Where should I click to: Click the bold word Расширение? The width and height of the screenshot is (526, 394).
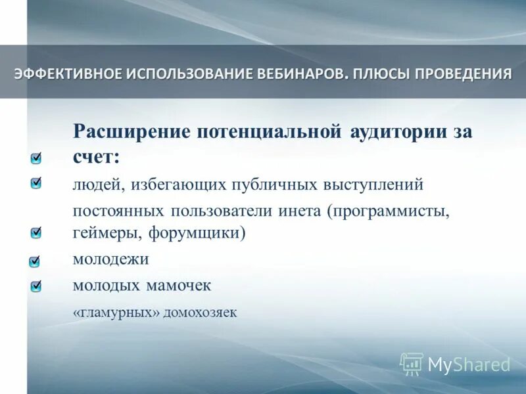pyautogui.click(x=131, y=131)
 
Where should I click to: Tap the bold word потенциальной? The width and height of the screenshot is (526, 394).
pyautogui.click(x=269, y=131)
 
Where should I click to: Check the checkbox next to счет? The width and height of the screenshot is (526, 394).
pyautogui.click(x=36, y=158)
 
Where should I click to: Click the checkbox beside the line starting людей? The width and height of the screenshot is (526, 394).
pyautogui.click(x=36, y=183)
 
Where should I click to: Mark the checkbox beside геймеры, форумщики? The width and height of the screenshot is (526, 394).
pyautogui.click(x=36, y=232)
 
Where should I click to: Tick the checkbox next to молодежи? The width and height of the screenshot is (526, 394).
pyautogui.click(x=36, y=261)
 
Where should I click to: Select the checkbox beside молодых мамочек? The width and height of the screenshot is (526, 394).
pyautogui.click(x=36, y=286)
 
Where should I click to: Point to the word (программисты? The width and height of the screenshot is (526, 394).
pyautogui.click(x=391, y=211)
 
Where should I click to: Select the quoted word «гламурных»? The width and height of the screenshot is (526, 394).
pyautogui.click(x=116, y=313)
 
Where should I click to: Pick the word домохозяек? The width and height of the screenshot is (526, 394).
pyautogui.click(x=200, y=313)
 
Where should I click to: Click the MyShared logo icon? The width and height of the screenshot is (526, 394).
pyautogui.click(x=412, y=363)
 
